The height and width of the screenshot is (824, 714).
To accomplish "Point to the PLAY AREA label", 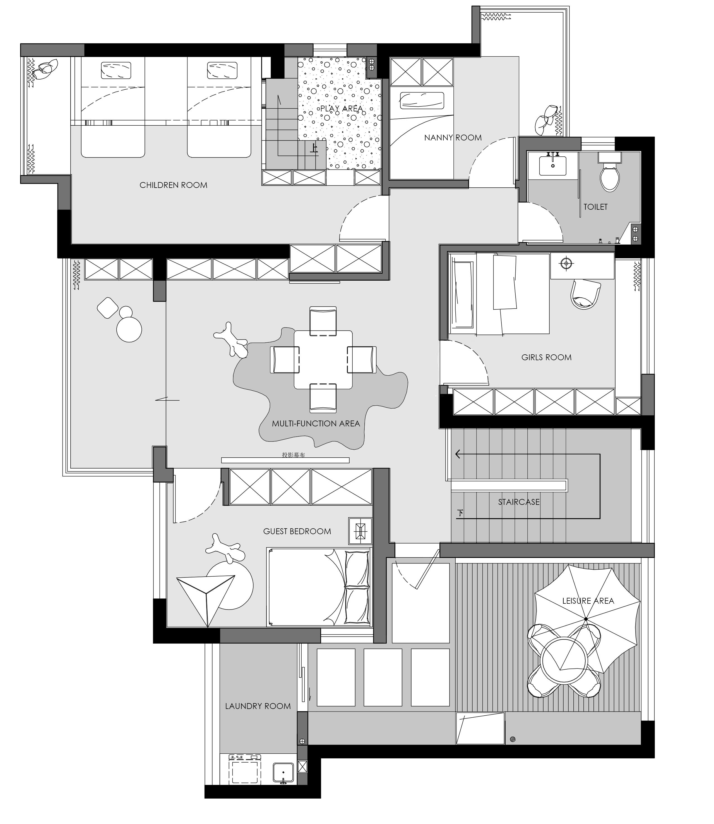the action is pyautogui.click(x=342, y=108).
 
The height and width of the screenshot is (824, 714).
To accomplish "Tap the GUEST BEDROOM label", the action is pyautogui.click(x=297, y=531).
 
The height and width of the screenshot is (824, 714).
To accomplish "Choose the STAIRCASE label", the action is pyautogui.click(x=519, y=502).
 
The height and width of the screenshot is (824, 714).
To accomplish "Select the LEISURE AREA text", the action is pyautogui.click(x=588, y=601).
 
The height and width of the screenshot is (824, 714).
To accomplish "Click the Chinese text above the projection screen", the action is pyautogui.click(x=293, y=455).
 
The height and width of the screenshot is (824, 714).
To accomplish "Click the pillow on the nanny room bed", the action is pyautogui.click(x=422, y=101).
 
